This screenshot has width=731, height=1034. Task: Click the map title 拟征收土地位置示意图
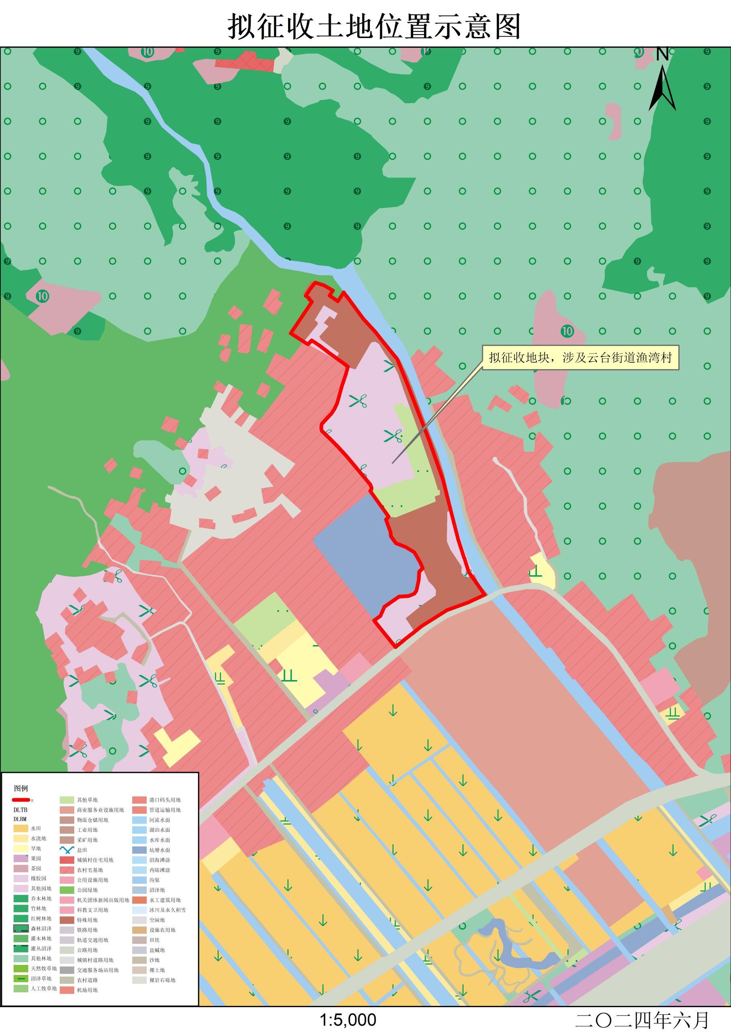pos(374,26)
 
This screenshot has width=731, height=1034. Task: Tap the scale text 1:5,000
pos(348,1020)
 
